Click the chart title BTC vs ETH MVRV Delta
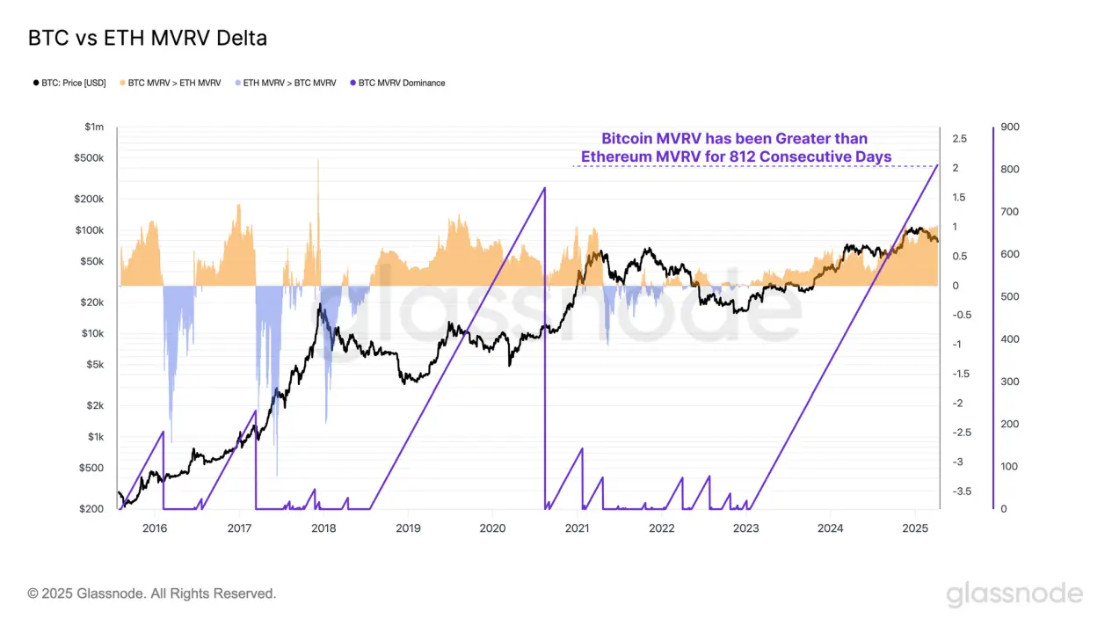147,39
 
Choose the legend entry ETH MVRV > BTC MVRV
286,84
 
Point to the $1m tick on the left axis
94,127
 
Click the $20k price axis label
91,302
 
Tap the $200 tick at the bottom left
93,509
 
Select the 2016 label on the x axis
155,528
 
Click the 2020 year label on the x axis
492,528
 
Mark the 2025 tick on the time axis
915,528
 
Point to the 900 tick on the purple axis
1010,127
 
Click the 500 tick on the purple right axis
1010,297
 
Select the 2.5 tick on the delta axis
959,139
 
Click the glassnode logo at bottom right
1014,594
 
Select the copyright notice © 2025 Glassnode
152,594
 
